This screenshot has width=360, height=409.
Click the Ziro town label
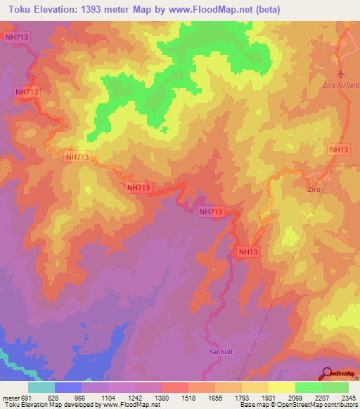pos(314,190)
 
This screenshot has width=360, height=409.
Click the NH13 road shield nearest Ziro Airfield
pos(338,150)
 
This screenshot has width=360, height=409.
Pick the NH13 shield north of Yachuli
pos(249,252)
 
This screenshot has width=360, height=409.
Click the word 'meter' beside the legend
pos(10,397)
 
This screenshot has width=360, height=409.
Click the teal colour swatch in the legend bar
pos(41,387)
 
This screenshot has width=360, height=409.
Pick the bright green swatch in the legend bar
pos(308,387)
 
